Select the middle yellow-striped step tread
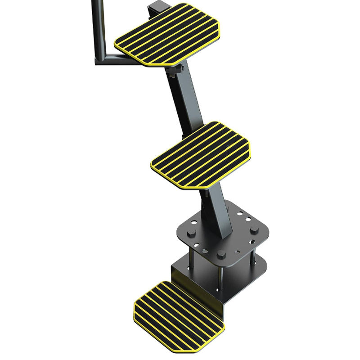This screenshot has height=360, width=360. pos(201,155)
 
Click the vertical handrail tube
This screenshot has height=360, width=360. pos(98,27)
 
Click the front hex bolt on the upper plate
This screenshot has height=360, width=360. pos(221,254)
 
